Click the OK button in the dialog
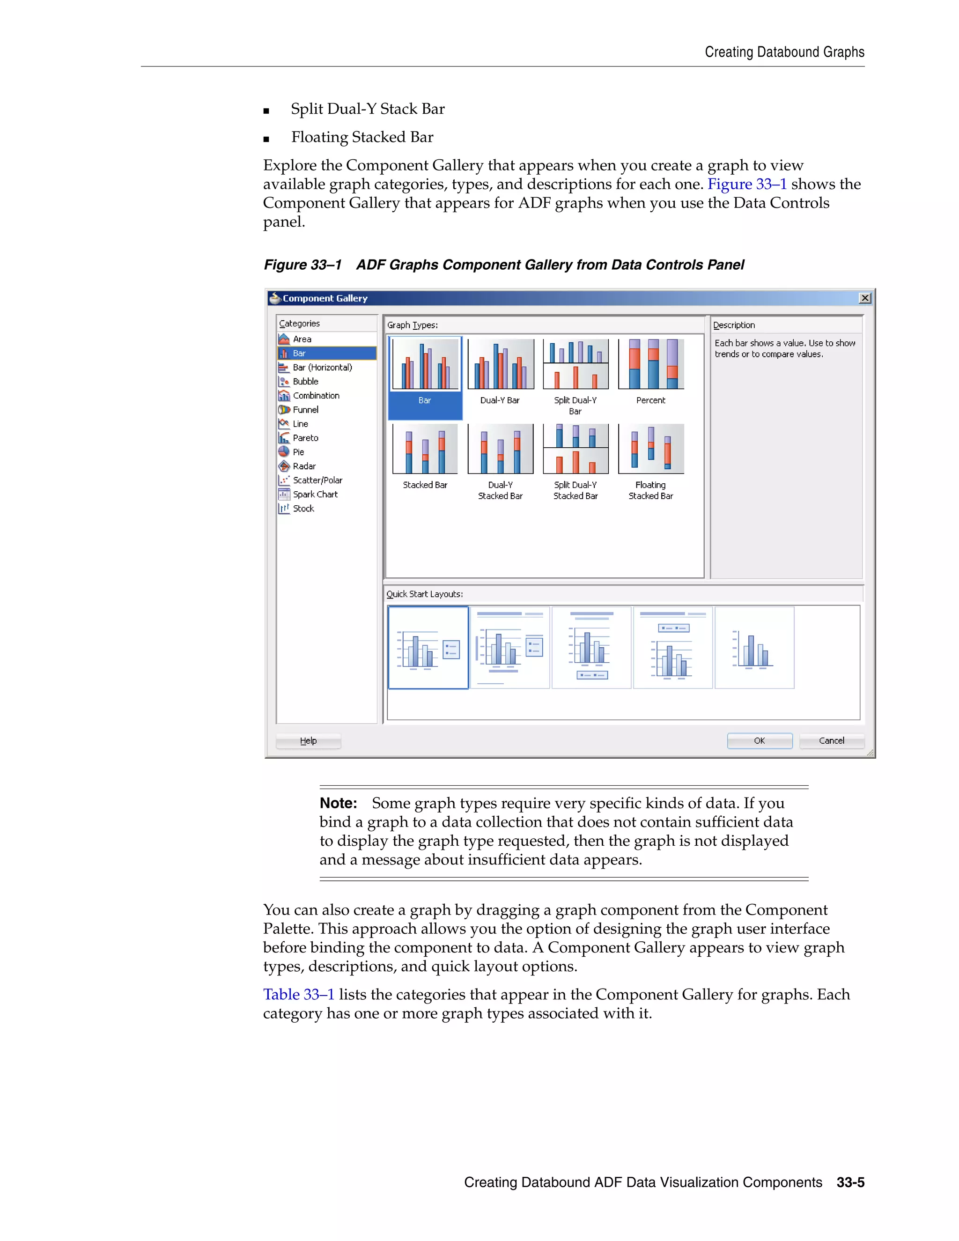coord(759,740)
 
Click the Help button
coord(308,740)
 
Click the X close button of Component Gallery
coord(865,298)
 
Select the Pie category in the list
coord(298,452)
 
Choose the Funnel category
coord(305,410)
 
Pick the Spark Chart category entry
coord(315,495)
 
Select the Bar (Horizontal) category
coord(322,367)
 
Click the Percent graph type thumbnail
coord(650,365)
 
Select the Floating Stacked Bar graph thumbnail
coord(650,450)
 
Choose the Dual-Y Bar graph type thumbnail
coord(500,365)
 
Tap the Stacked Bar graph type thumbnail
coord(425,450)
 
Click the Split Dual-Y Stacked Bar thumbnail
coord(575,450)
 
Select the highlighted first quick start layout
coord(428,647)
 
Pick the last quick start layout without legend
coord(754,647)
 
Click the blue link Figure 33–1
coord(746,184)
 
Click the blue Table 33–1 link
coord(298,994)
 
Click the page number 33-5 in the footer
coord(850,1182)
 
